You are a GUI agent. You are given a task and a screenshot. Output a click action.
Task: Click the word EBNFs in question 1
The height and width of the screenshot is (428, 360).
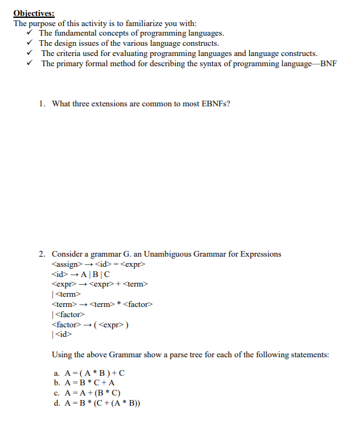click(x=216, y=104)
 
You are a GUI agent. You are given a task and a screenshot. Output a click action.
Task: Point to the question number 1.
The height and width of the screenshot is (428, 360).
click(x=41, y=104)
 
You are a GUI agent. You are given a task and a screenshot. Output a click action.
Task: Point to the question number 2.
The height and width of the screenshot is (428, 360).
click(x=41, y=254)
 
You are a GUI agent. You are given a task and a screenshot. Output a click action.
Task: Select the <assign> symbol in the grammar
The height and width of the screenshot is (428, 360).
click(x=66, y=264)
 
